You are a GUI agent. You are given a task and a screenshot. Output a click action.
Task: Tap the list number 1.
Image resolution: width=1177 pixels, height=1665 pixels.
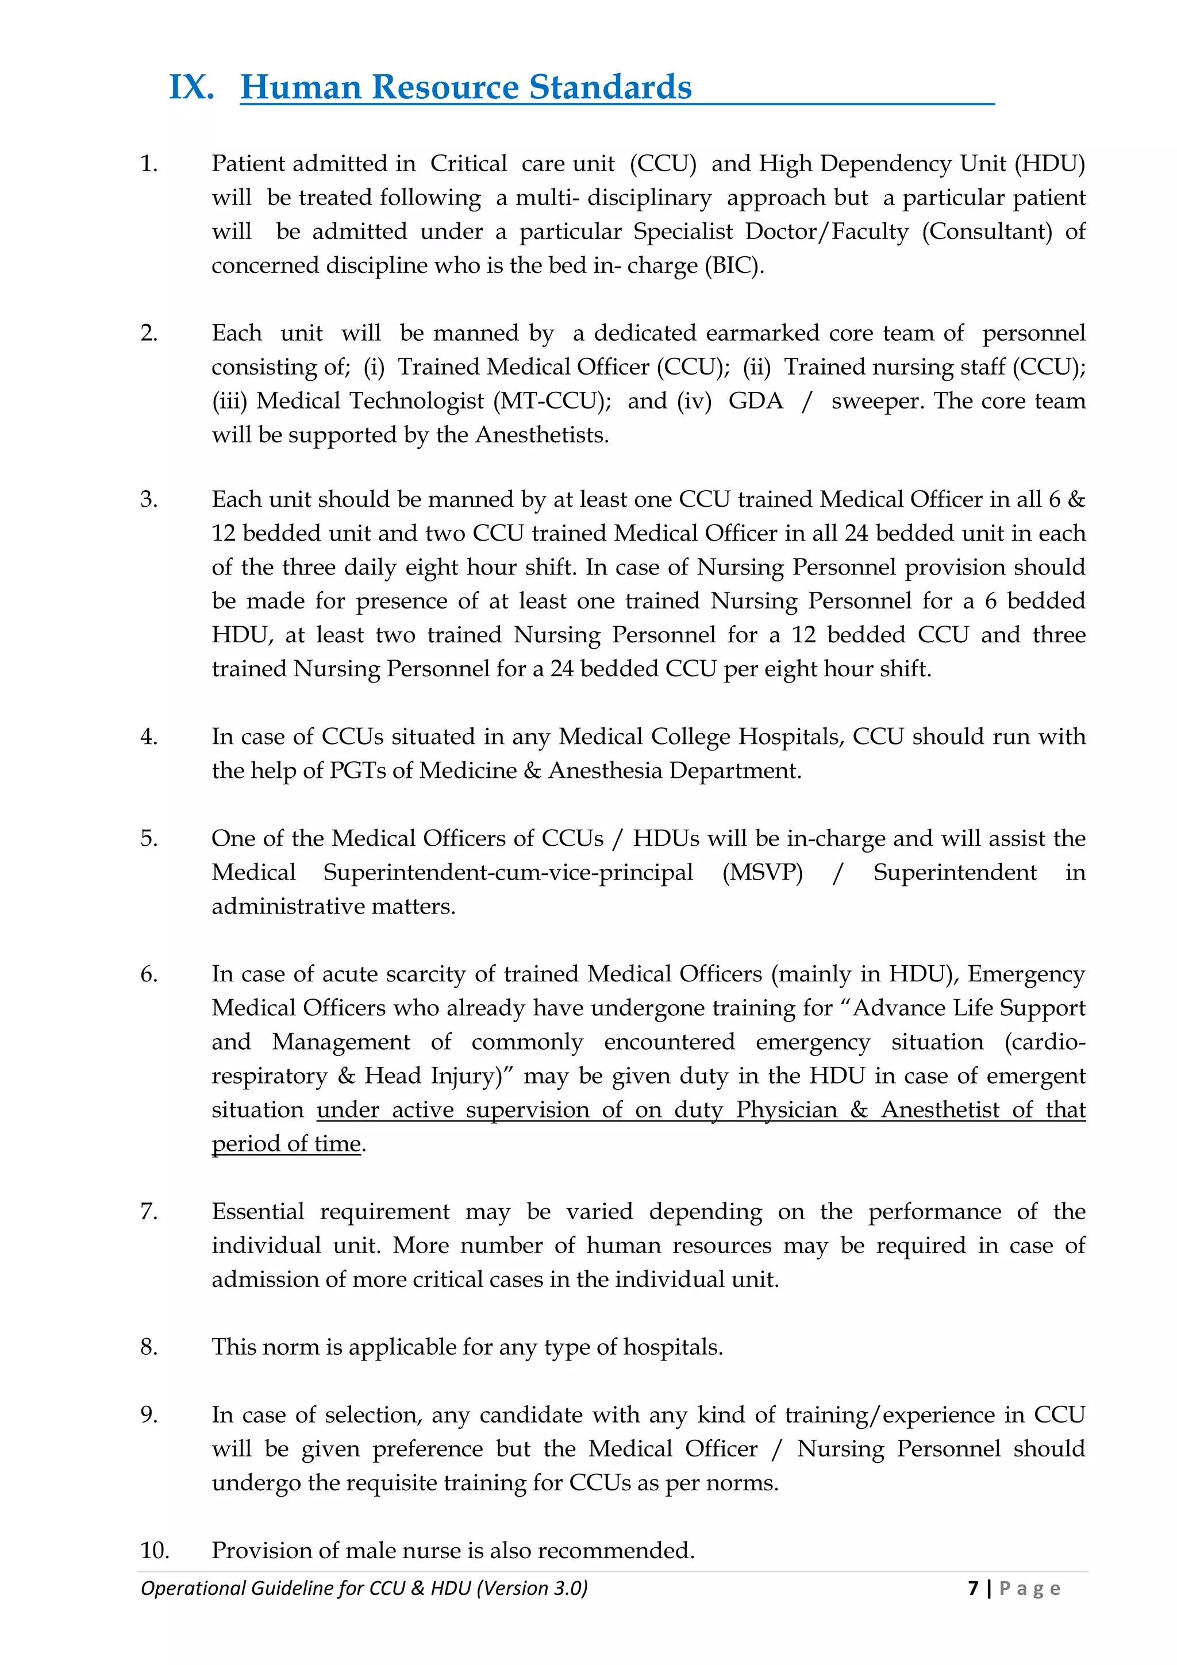point(149,164)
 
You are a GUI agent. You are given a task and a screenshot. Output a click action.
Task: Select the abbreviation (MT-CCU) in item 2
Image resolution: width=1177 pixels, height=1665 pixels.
point(553,401)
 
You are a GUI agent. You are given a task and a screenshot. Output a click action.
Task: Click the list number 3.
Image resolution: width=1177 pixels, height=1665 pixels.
point(149,500)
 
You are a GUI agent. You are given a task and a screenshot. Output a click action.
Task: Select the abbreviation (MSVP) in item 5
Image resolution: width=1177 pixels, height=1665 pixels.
point(762,872)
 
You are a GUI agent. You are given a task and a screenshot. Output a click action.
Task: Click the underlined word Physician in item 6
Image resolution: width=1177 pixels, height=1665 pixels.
point(786,1109)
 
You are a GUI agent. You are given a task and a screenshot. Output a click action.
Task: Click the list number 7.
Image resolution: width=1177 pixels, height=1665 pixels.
point(149,1212)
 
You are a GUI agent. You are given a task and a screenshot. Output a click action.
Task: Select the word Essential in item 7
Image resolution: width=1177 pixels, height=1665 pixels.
point(258,1212)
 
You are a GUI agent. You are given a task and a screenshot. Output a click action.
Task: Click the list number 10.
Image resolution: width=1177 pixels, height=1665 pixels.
point(155,1551)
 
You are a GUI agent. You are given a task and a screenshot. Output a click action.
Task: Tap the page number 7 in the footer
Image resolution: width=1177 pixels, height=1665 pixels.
point(973,1588)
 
